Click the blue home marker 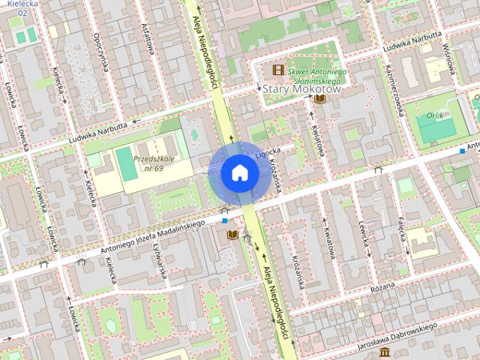[239, 172]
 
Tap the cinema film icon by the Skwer [278, 70]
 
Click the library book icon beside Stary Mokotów [320, 98]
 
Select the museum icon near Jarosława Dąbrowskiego [384, 352]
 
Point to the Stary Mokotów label [302, 88]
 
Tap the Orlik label [433, 116]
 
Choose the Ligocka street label [267, 152]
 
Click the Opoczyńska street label [97, 54]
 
